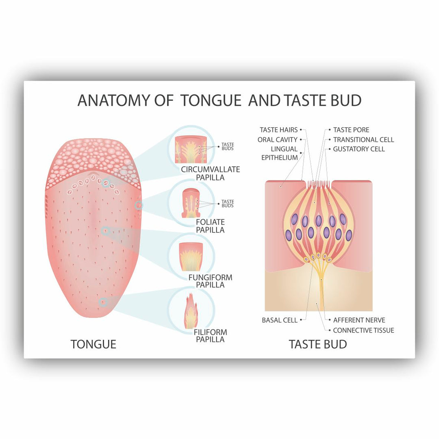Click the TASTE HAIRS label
(x=278, y=130)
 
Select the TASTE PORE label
(x=351, y=130)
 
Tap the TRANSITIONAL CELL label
(x=363, y=139)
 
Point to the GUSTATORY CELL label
(x=359, y=149)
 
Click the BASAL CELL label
(x=279, y=320)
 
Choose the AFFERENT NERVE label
(x=359, y=320)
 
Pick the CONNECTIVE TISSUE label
(x=363, y=330)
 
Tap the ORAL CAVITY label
(x=278, y=139)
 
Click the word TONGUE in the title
(x=211, y=100)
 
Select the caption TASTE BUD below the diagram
(x=318, y=344)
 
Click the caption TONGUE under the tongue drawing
(x=93, y=344)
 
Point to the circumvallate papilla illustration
(x=191, y=150)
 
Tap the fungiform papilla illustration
(x=191, y=257)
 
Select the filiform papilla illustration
(x=191, y=311)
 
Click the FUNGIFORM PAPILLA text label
(x=210, y=281)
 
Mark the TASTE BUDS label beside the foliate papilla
(x=228, y=204)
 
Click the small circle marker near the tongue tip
(x=103, y=302)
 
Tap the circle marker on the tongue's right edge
(x=138, y=205)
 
